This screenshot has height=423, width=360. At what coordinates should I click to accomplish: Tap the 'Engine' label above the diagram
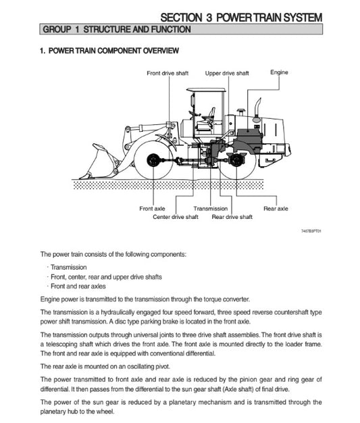pyautogui.click(x=279, y=72)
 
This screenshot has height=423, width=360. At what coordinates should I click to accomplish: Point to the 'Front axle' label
pyautogui.click(x=152, y=209)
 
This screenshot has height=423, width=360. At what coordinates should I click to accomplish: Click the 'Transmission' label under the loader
pyautogui.click(x=210, y=209)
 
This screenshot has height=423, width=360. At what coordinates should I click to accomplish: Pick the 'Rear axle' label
pyautogui.click(x=276, y=209)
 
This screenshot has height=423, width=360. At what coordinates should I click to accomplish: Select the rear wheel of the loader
pyautogui.click(x=236, y=161)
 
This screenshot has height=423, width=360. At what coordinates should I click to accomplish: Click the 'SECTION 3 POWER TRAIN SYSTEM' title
pyautogui.click(x=241, y=17)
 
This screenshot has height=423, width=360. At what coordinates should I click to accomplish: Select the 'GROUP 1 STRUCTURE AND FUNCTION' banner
pyautogui.click(x=115, y=30)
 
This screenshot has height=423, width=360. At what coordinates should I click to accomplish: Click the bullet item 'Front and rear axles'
pyautogui.click(x=79, y=287)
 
